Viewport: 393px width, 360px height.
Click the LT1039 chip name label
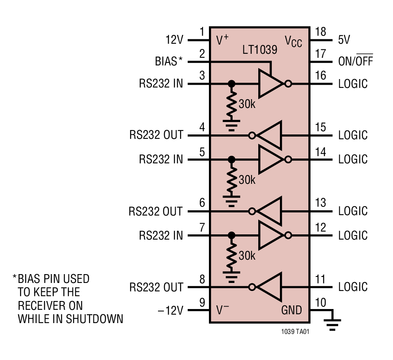(x=259, y=50)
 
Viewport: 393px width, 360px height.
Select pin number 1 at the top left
(x=202, y=32)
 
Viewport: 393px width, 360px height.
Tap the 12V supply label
(x=174, y=40)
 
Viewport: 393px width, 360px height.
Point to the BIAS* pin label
(x=168, y=61)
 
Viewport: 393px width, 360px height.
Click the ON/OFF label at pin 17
(x=355, y=61)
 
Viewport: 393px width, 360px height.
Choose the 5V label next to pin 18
(x=344, y=40)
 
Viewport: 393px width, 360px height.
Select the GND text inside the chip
(x=291, y=310)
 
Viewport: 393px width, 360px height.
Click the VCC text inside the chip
(x=293, y=41)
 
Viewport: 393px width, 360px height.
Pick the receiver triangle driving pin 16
(x=270, y=84)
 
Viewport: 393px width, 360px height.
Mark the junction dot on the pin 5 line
(x=231, y=160)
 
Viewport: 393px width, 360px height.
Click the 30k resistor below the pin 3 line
(x=231, y=103)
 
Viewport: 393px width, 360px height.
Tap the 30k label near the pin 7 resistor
(x=247, y=256)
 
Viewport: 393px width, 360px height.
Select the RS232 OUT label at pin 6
(x=156, y=211)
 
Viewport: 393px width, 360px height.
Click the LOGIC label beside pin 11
(x=353, y=287)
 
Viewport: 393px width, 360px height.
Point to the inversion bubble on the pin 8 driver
(x=252, y=287)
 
